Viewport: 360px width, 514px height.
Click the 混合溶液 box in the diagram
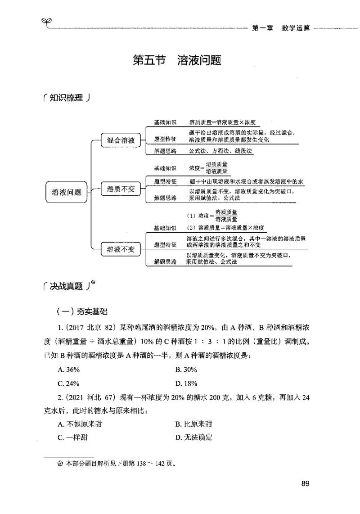(121, 140)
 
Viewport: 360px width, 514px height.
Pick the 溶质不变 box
(121, 189)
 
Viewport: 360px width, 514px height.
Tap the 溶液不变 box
(121, 248)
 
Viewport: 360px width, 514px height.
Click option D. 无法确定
(194, 437)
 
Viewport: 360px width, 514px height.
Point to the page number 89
(305, 484)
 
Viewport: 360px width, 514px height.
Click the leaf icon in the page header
(45, 21)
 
